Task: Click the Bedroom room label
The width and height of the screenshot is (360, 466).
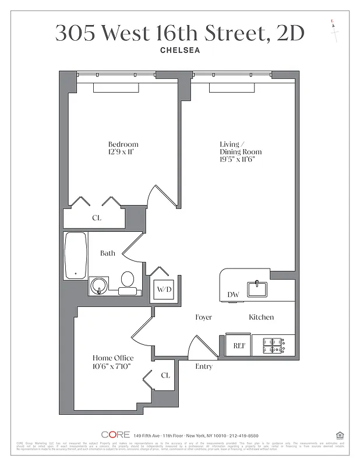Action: click(123, 144)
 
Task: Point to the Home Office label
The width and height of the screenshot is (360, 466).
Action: click(113, 358)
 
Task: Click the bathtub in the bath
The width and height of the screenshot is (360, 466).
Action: click(75, 256)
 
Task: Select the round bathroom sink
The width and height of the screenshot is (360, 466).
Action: click(100, 285)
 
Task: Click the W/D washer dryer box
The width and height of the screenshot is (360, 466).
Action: click(163, 290)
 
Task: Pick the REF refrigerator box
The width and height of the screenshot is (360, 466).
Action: click(238, 345)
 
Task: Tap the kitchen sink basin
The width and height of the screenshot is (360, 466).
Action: click(257, 288)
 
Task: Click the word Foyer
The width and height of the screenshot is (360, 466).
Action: click(203, 317)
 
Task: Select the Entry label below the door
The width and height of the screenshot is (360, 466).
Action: click(203, 366)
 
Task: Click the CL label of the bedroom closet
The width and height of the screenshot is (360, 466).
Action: click(96, 218)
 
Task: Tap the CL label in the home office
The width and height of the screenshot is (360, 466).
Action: click(165, 376)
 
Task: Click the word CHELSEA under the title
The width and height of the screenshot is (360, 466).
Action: click(180, 50)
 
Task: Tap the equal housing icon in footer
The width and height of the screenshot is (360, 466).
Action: click(340, 435)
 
